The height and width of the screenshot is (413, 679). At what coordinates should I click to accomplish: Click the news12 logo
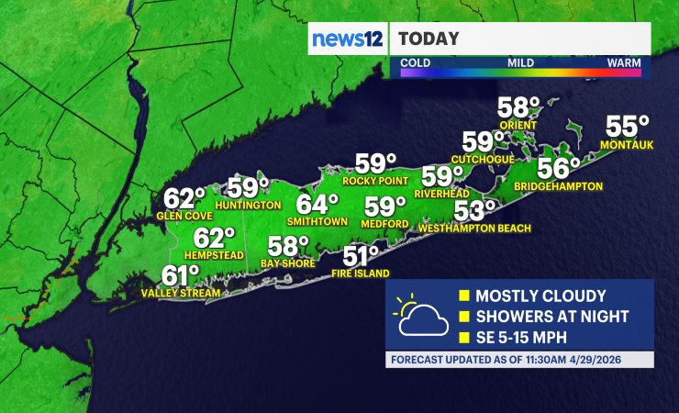[347, 39]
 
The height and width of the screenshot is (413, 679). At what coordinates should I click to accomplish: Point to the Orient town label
[518, 126]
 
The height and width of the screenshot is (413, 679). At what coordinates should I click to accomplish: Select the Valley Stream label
[181, 294]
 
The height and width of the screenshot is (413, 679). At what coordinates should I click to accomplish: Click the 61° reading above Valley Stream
[181, 275]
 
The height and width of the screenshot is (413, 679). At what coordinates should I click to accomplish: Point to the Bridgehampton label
[558, 186]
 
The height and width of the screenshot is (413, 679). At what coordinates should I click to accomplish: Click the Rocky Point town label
[374, 181]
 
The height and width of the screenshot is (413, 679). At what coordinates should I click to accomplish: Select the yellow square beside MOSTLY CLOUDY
[464, 296]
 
